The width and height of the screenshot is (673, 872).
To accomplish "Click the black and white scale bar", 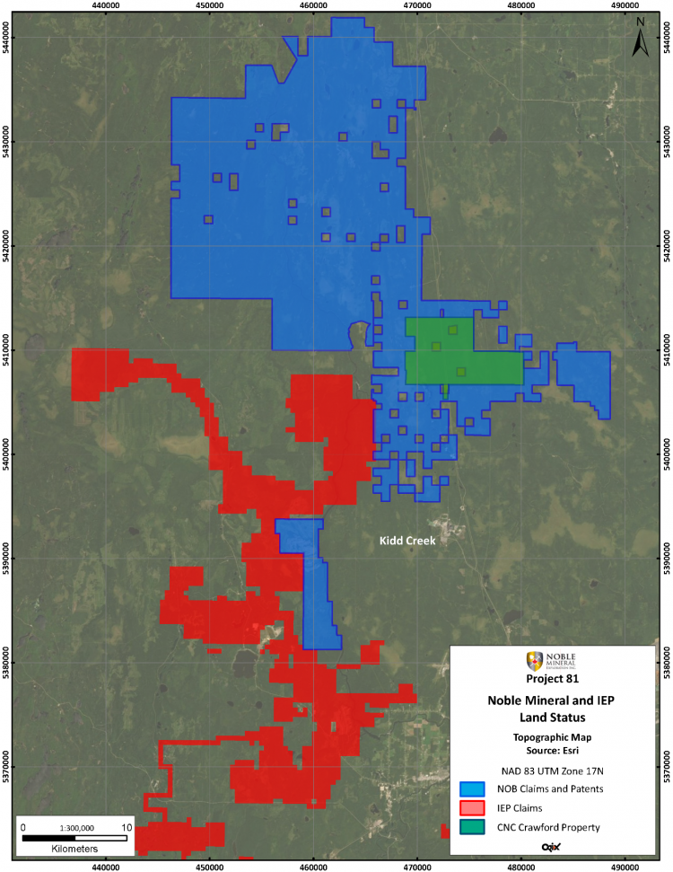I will pyautogui.click(x=74, y=837).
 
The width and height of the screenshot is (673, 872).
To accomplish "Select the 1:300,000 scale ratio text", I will pyautogui.click(x=74, y=827).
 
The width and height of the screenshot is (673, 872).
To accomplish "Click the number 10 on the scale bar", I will pyautogui.click(x=126, y=827).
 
